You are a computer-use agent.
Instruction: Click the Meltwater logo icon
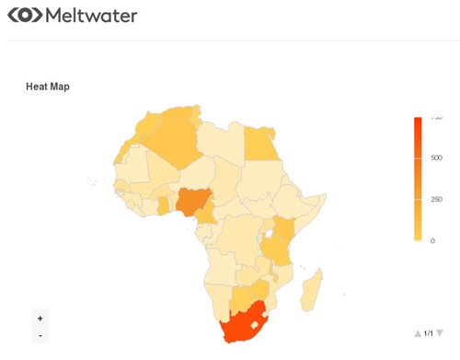pos(26,17)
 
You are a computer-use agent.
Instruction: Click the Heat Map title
pos(48,87)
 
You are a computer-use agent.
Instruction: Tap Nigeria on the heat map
pos(192,202)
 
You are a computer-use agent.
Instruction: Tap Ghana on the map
pos(164,205)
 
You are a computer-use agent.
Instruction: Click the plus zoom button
pos(40,318)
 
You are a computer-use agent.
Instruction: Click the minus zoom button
pos(40,335)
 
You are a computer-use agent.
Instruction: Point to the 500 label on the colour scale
pos(437,157)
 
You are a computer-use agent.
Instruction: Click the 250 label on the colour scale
pos(437,199)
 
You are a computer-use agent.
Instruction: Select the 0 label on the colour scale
pos(432,240)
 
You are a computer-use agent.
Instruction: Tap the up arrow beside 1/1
pos(418,333)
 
